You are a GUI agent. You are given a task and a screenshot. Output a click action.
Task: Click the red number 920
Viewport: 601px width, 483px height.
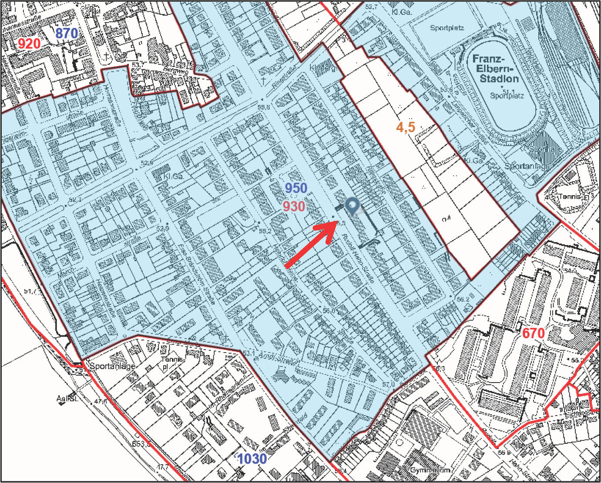pos(29,43)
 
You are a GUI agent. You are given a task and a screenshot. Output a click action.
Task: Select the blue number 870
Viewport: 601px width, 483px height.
pos(67,33)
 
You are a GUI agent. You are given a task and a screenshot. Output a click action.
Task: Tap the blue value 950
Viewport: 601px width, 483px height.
pos(296,188)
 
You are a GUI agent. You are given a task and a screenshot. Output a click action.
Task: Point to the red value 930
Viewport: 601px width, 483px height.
pos(294,207)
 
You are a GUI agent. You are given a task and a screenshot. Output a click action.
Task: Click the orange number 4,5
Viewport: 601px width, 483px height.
pos(406,127)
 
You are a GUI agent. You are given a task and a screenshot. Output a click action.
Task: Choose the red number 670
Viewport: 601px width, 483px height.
pos(534,333)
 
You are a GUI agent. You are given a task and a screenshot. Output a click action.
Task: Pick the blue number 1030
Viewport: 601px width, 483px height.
pos(252,459)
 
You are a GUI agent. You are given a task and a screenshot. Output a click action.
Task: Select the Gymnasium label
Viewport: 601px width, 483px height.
pos(430,470)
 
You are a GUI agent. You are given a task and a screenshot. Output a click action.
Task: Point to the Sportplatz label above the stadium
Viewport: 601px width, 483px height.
pos(447,28)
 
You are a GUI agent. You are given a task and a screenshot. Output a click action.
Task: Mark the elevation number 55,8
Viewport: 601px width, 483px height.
pos(264,107)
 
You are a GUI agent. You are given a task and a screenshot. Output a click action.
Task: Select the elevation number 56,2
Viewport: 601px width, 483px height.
pos(463,299)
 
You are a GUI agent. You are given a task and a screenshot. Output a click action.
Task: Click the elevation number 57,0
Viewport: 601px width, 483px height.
pos(388,384)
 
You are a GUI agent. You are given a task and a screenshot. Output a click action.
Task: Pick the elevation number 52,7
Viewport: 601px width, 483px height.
pos(371,7)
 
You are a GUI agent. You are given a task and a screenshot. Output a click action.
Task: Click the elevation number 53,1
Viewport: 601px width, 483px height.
pos(248,353)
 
